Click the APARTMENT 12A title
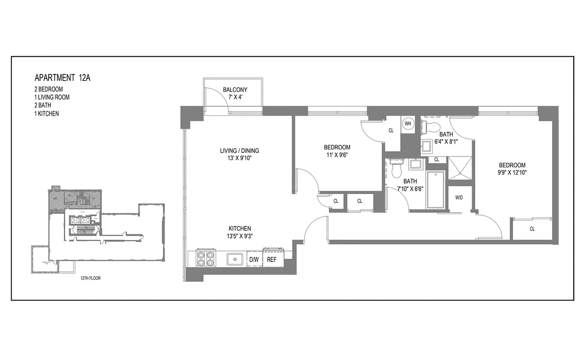pyautogui.click(x=63, y=78)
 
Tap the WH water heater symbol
pyautogui.click(x=408, y=124)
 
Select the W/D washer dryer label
pyautogui.click(x=459, y=198)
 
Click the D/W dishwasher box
pyautogui.click(x=254, y=260)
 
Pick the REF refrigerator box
pyautogui.click(x=272, y=260)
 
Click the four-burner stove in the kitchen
pyautogui.click(x=205, y=259)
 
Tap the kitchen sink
pyautogui.click(x=235, y=259)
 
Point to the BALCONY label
pyautogui.click(x=235, y=90)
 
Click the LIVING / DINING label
pyautogui.click(x=239, y=151)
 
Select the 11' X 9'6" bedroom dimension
pyautogui.click(x=337, y=155)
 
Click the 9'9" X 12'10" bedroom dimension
pyautogui.click(x=512, y=173)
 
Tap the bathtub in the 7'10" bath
pyautogui.click(x=435, y=189)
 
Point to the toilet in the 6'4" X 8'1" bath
pyautogui.click(x=434, y=126)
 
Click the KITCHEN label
pyautogui.click(x=239, y=229)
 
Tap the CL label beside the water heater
pyautogui.click(x=391, y=130)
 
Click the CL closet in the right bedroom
pyautogui.click(x=532, y=229)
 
